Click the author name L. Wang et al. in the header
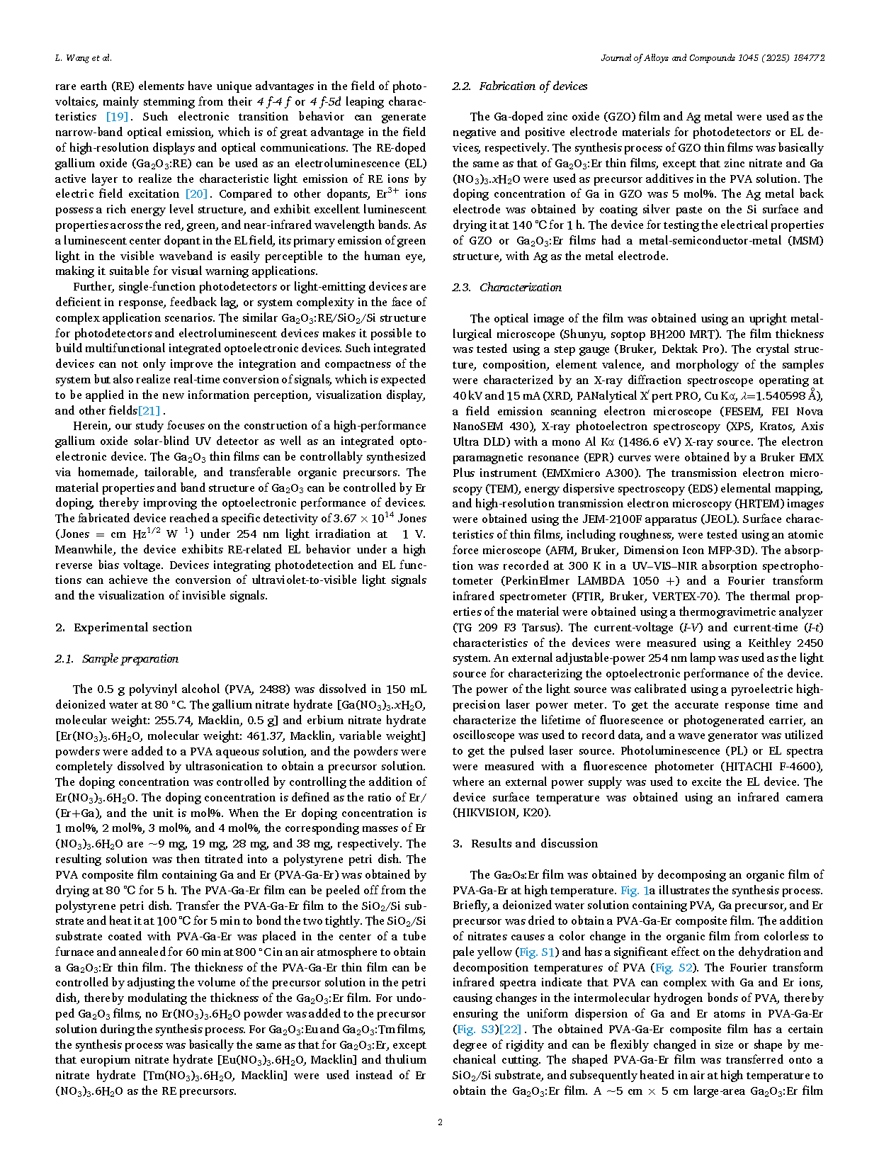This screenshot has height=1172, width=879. point(83,58)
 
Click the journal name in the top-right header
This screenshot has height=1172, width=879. point(713,58)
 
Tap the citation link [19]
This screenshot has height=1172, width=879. point(117,117)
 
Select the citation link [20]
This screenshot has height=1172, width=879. point(196,194)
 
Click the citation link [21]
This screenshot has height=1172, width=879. point(149,411)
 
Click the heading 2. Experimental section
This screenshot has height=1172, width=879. point(123,628)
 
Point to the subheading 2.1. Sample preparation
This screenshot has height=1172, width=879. point(117,659)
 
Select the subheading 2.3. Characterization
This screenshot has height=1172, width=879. point(507,288)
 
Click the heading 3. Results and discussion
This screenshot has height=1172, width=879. point(525,844)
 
